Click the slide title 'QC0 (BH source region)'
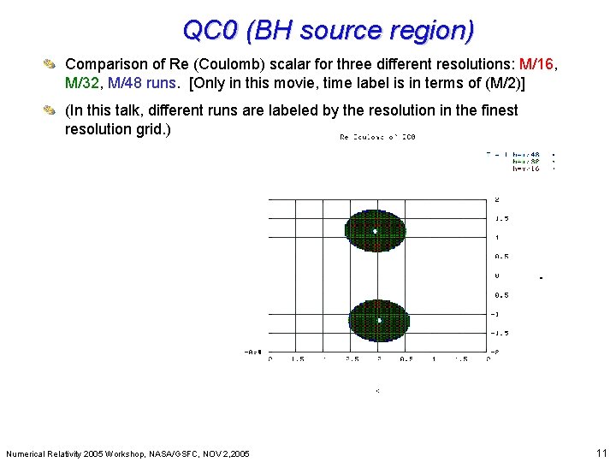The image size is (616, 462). [329, 30]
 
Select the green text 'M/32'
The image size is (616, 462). [84, 83]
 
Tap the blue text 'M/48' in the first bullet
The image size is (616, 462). [127, 83]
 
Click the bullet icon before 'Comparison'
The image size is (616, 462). [52, 64]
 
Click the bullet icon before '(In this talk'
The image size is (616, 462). [52, 110]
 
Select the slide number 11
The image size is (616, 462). [601, 453]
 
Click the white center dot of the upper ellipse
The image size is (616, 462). [375, 231]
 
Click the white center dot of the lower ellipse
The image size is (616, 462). [378, 320]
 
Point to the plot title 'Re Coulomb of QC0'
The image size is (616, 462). [377, 137]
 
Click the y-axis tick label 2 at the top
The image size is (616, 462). [497, 200]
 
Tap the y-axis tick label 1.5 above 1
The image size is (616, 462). [500, 218]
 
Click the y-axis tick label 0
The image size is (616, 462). [497, 275]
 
